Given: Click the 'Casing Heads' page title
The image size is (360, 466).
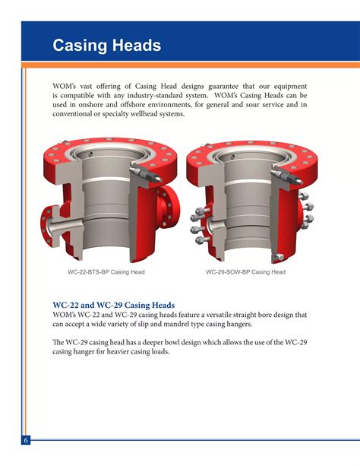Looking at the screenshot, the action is (107, 46).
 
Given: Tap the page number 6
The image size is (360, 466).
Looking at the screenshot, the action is (26, 440).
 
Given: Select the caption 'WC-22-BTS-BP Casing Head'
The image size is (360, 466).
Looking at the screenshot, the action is (106, 272).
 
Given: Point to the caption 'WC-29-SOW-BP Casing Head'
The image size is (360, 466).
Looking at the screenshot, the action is (245, 272).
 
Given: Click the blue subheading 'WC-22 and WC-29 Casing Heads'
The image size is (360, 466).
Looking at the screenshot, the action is (114, 305).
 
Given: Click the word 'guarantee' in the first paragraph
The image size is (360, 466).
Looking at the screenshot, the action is (223, 87).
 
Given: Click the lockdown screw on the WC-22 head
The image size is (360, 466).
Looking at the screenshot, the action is (146, 174).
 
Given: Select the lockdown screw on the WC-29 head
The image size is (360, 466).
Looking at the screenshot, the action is (287, 176).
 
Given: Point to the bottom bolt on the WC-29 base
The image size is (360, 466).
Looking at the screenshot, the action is (279, 257).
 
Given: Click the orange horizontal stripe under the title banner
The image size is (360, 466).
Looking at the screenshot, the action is (191, 65).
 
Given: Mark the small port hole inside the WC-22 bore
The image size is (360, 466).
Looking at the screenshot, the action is (90, 154).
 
